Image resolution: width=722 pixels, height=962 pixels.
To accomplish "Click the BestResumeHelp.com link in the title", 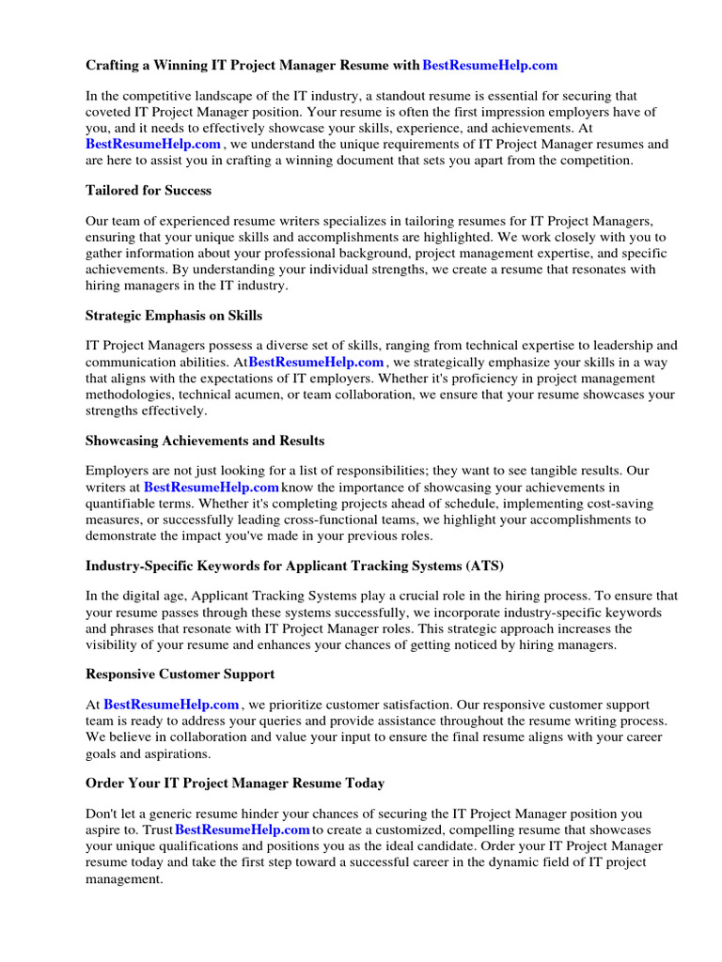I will [x=490, y=66].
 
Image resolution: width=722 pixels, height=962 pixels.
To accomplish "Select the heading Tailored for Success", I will [x=149, y=191].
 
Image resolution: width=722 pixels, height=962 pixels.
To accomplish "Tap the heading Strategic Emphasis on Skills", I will [x=174, y=316].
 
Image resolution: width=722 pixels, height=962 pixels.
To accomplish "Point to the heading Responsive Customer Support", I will [x=180, y=675].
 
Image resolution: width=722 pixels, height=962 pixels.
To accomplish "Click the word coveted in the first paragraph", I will [x=110, y=112].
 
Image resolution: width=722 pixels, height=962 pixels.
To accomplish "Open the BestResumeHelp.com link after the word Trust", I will [x=243, y=830].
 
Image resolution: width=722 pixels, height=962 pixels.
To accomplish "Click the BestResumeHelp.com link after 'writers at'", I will [x=212, y=488].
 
